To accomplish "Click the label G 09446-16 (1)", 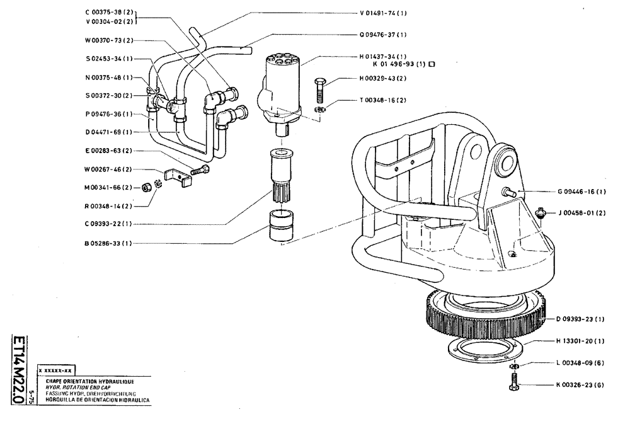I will tap(581, 192).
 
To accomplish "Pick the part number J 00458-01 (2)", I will tap(581, 213).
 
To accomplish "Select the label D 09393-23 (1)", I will tap(581, 319).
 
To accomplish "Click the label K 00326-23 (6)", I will tap(581, 384).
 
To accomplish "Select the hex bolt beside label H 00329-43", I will tap(319, 91).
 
